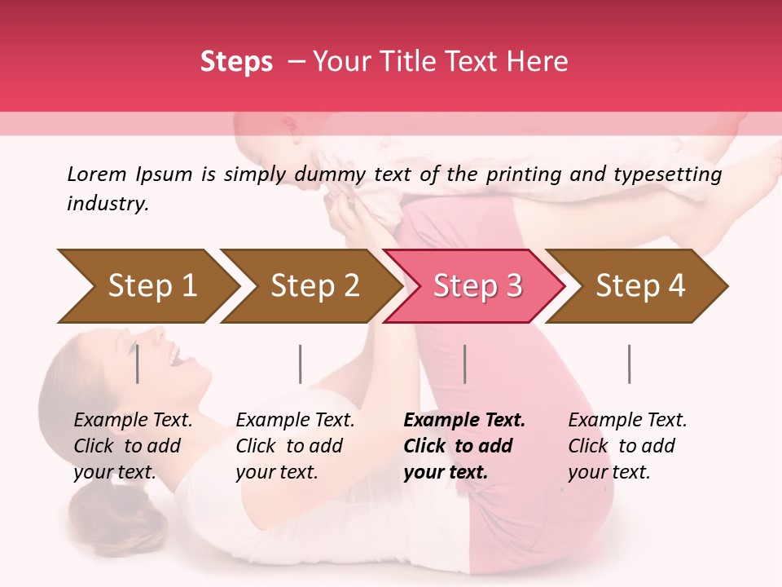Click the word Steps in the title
click(236, 62)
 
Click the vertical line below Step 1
click(138, 364)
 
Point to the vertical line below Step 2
click(301, 364)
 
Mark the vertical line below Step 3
click(464, 364)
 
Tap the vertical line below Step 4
click(629, 364)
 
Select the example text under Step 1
click(133, 445)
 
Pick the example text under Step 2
click(295, 445)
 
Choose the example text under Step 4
click(627, 445)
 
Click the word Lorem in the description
click(97, 174)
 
